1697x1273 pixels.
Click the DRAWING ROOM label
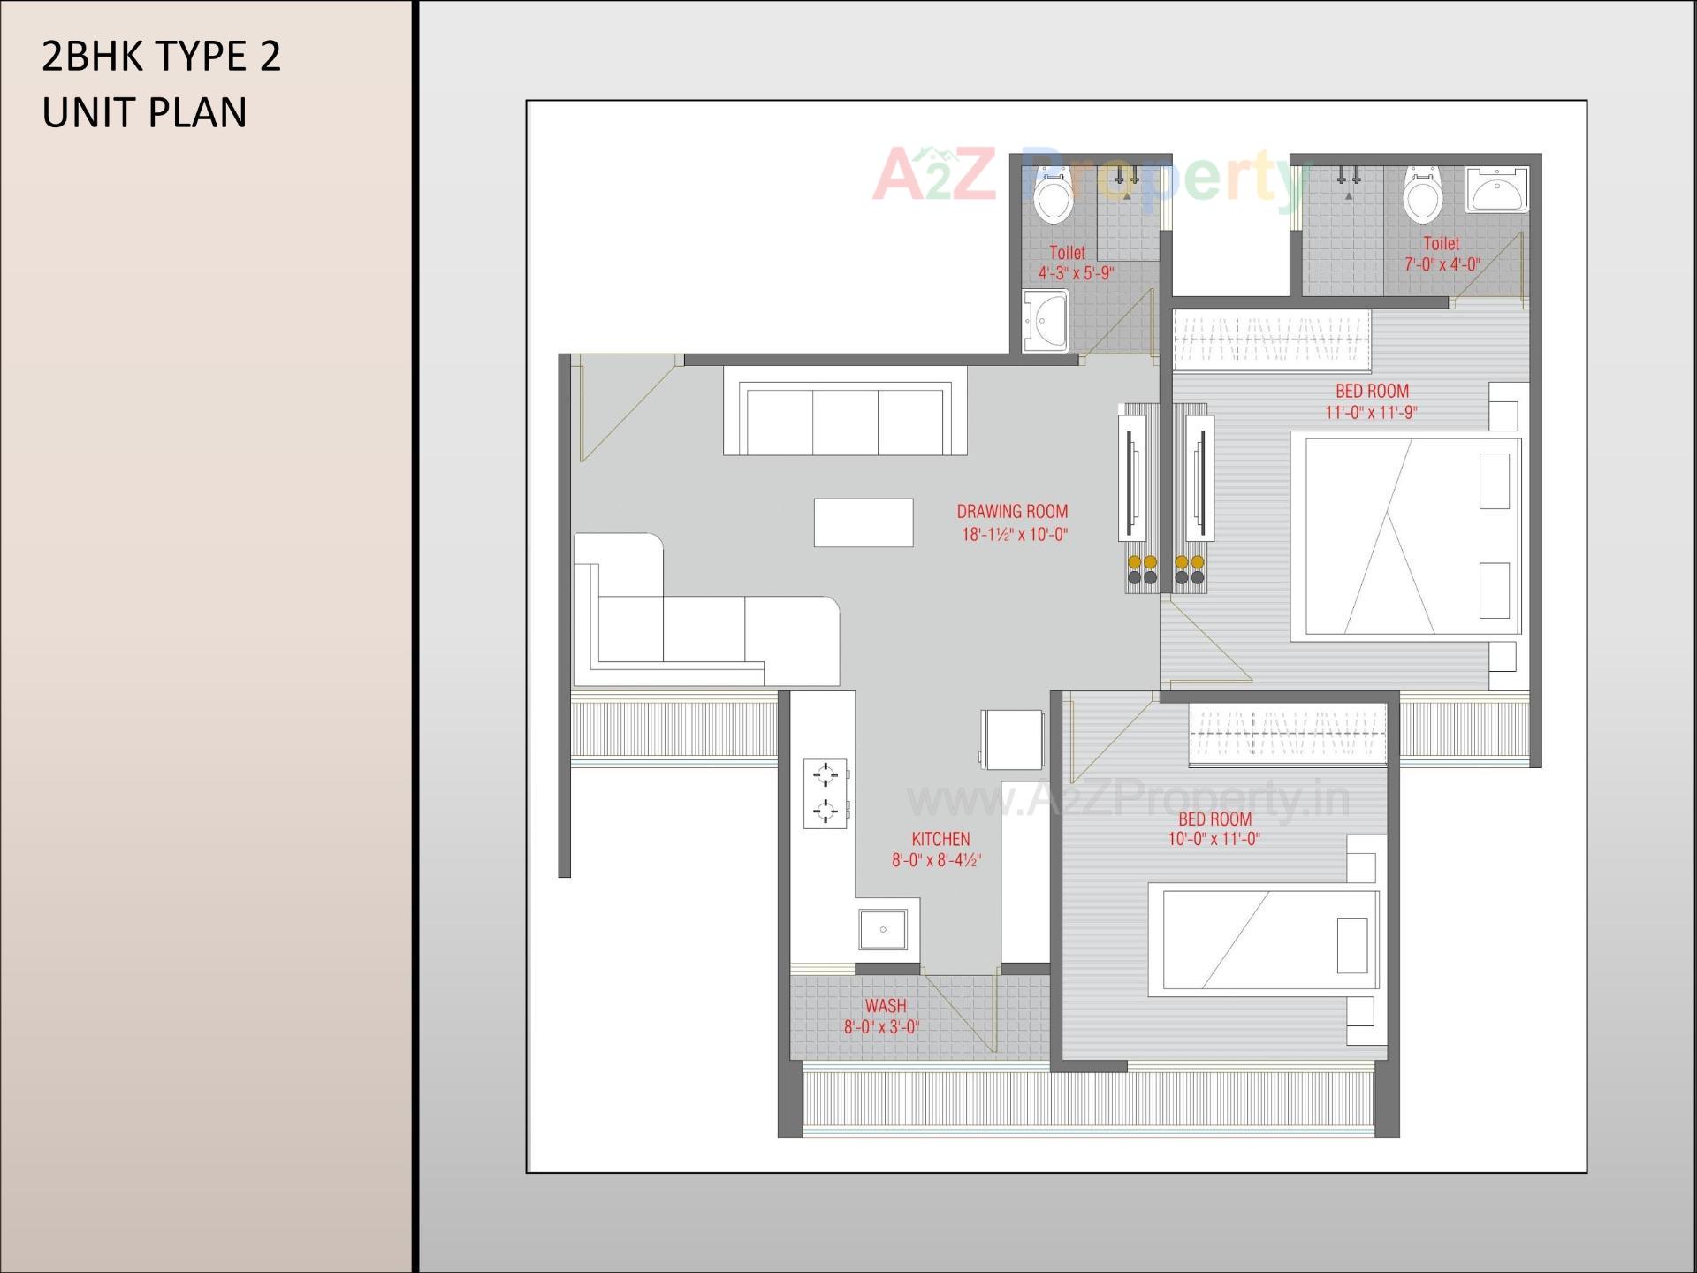[1012, 511]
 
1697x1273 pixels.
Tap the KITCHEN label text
[940, 839]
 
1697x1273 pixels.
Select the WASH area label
[885, 1006]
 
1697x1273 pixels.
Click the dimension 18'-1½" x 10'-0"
[1015, 534]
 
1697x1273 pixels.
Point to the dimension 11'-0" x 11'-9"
[1371, 412]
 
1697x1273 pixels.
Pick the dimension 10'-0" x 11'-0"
[1214, 839]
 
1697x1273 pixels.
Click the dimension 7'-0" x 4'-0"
[1442, 263]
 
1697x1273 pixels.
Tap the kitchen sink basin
[883, 929]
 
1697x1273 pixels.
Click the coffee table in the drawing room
[864, 522]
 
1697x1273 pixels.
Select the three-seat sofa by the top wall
[845, 412]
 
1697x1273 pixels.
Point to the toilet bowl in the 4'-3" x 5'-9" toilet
[1053, 198]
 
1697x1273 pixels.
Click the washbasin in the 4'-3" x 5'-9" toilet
[1046, 319]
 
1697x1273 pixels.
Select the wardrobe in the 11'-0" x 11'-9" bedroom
[1271, 339]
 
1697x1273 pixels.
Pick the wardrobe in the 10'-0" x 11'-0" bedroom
[1287, 733]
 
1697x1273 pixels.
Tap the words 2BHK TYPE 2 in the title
[162, 57]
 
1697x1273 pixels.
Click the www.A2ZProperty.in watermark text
[1128, 800]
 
